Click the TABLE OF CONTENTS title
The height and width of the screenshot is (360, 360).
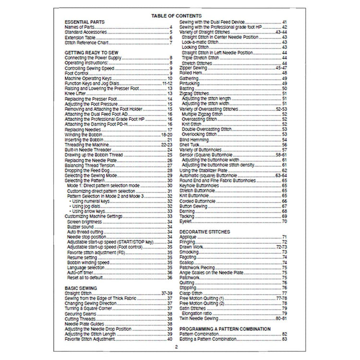click(179, 16)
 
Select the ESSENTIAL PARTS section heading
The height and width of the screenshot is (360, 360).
click(84, 22)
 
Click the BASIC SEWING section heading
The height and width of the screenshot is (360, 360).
click(81, 288)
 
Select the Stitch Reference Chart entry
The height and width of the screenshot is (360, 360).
click(86, 43)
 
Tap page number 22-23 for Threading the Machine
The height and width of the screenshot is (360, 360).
click(167, 144)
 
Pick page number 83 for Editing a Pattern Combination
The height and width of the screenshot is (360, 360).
click(285, 339)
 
